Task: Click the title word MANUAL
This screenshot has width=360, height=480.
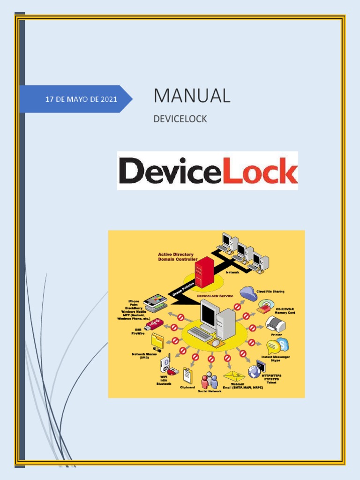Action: point(192,96)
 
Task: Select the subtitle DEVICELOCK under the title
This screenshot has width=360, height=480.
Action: point(180,119)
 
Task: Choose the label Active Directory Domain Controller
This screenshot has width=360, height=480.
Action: point(177,257)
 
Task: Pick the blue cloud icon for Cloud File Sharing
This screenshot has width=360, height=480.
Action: point(248,294)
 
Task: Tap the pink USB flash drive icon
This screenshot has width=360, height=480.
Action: point(154,324)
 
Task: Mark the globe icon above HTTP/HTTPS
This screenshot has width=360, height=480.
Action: point(255,372)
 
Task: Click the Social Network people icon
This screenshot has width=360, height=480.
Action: point(210,380)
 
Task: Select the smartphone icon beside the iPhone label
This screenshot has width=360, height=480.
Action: point(155,300)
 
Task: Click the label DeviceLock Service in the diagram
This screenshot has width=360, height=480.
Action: point(215,296)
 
